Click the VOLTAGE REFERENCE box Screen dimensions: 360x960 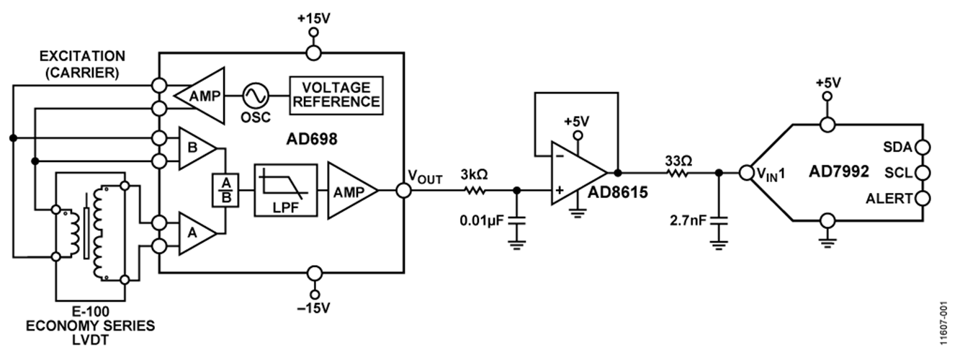click(335, 94)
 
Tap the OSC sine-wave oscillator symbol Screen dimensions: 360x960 click(255, 94)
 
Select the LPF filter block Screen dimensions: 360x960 click(284, 190)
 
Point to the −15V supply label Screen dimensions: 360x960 click(313, 308)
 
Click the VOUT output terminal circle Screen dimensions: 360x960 click(403, 190)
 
